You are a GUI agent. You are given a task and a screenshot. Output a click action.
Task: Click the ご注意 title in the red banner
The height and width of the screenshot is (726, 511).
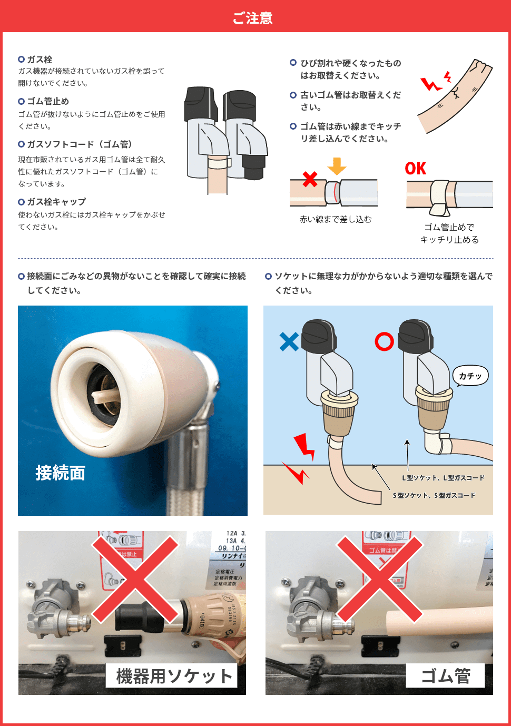click(253, 18)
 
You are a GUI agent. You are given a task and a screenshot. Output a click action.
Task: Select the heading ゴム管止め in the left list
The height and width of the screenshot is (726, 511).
click(48, 101)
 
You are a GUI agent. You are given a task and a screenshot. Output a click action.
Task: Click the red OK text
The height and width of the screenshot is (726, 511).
click(416, 169)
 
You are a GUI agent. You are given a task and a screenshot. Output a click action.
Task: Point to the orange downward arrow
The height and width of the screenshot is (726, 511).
click(337, 166)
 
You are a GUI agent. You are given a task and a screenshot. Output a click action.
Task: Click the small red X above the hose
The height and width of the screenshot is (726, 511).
click(310, 179)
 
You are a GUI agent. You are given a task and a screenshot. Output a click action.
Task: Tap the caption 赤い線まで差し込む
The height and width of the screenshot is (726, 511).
click(336, 219)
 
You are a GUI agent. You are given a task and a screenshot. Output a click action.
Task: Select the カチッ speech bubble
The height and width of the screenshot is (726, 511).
click(470, 376)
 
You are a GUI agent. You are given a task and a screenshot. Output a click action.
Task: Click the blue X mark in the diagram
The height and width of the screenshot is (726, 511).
click(289, 341)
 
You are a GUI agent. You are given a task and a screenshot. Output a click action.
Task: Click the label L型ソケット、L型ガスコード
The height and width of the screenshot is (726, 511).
click(443, 478)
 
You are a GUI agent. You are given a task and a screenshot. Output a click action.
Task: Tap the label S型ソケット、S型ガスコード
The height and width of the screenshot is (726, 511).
click(434, 495)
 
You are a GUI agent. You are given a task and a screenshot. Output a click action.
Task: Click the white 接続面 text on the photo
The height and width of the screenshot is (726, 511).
click(61, 473)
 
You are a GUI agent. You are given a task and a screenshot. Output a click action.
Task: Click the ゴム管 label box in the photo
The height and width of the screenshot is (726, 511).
click(445, 676)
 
